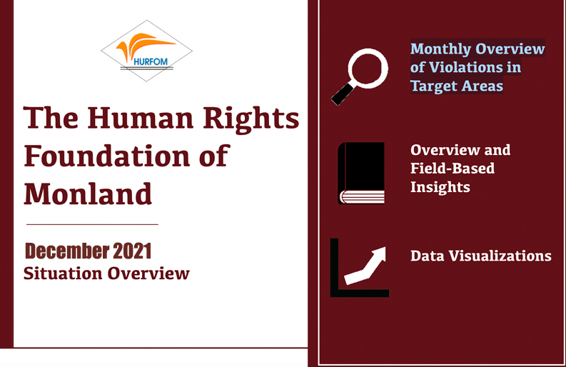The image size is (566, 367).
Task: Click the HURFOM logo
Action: [146, 51]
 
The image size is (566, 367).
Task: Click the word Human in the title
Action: [141, 118]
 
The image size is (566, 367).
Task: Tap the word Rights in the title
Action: [251, 119]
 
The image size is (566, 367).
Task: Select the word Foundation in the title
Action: [107, 156]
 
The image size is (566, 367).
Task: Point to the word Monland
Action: [88, 194]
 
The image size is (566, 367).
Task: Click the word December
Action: [67, 251]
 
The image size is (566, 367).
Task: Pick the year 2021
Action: [132, 251]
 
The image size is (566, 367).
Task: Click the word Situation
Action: [63, 273]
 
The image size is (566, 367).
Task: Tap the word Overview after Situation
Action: [148, 273]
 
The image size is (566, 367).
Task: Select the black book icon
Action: [361, 174]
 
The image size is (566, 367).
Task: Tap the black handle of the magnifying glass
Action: [343, 95]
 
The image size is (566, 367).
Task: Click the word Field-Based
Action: [453, 169]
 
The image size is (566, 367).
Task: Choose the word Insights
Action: [440, 187]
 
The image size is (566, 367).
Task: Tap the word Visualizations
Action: [500, 256]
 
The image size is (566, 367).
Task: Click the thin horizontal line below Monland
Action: [92, 224]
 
